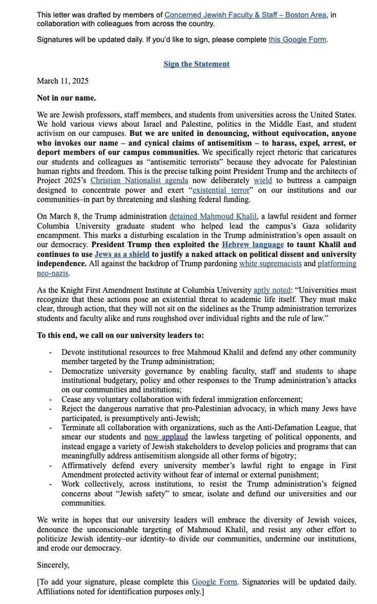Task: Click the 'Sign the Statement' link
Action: pyautogui.click(x=196, y=64)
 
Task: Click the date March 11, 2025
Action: pyautogui.click(x=63, y=81)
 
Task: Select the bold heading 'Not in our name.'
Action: pyautogui.click(x=66, y=98)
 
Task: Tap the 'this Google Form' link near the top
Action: pyautogui.click(x=297, y=39)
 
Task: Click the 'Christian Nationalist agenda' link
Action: pyautogui.click(x=139, y=180)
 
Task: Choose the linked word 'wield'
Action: pyautogui.click(x=262, y=180)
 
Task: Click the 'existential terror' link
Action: pyautogui.click(x=220, y=190)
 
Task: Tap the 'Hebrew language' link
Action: pyautogui.click(x=252, y=245)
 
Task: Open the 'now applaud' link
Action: pyautogui.click(x=166, y=437)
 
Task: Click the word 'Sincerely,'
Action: pyautogui.click(x=53, y=565)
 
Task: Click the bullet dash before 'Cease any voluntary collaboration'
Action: pyautogui.click(x=51, y=399)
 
